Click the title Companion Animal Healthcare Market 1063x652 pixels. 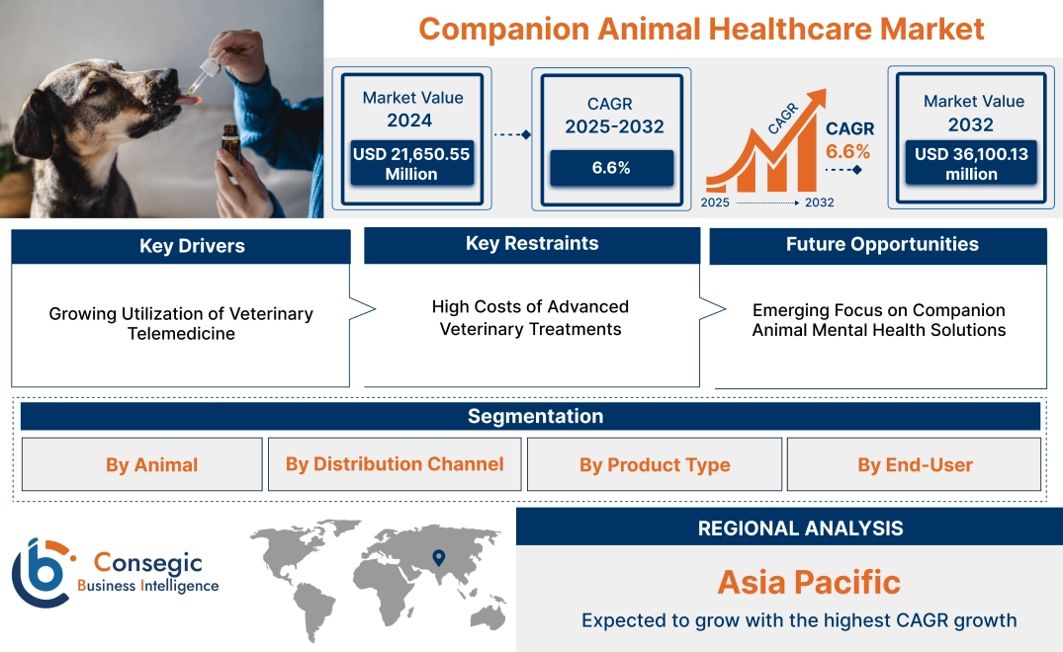tap(701, 29)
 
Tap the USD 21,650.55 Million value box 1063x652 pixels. tap(410, 164)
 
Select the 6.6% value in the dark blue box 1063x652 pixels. tap(611, 168)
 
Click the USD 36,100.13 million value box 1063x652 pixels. tap(970, 164)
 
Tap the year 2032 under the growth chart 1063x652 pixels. tap(818, 203)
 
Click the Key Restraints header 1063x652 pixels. tap(532, 244)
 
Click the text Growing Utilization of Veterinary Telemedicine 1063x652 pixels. tap(181, 323)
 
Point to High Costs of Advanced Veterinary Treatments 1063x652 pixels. tap(531, 318)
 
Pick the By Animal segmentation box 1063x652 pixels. tap(151, 464)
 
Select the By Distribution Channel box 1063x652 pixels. tap(395, 464)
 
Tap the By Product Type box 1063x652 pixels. tap(655, 464)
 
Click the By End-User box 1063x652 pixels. tap(915, 464)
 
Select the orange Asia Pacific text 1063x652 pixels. tap(809, 582)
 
